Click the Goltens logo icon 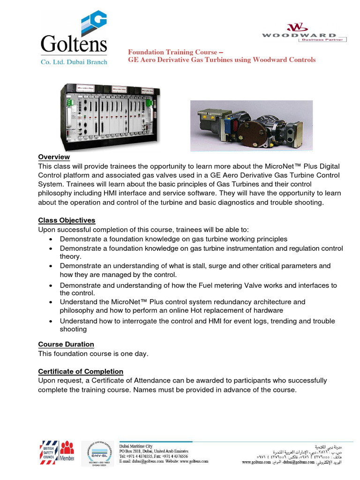pyautogui.click(x=94, y=23)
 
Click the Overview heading pyautogui.click(x=54, y=157)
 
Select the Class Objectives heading pyautogui.click(x=67, y=220)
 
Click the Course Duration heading pyautogui.click(x=66, y=344)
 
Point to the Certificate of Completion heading pyautogui.click(x=81, y=371)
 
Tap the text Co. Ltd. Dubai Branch pyautogui.click(x=75, y=61)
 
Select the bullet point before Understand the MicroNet pyautogui.click(x=51, y=302)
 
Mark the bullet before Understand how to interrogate pyautogui.click(x=51, y=321)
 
